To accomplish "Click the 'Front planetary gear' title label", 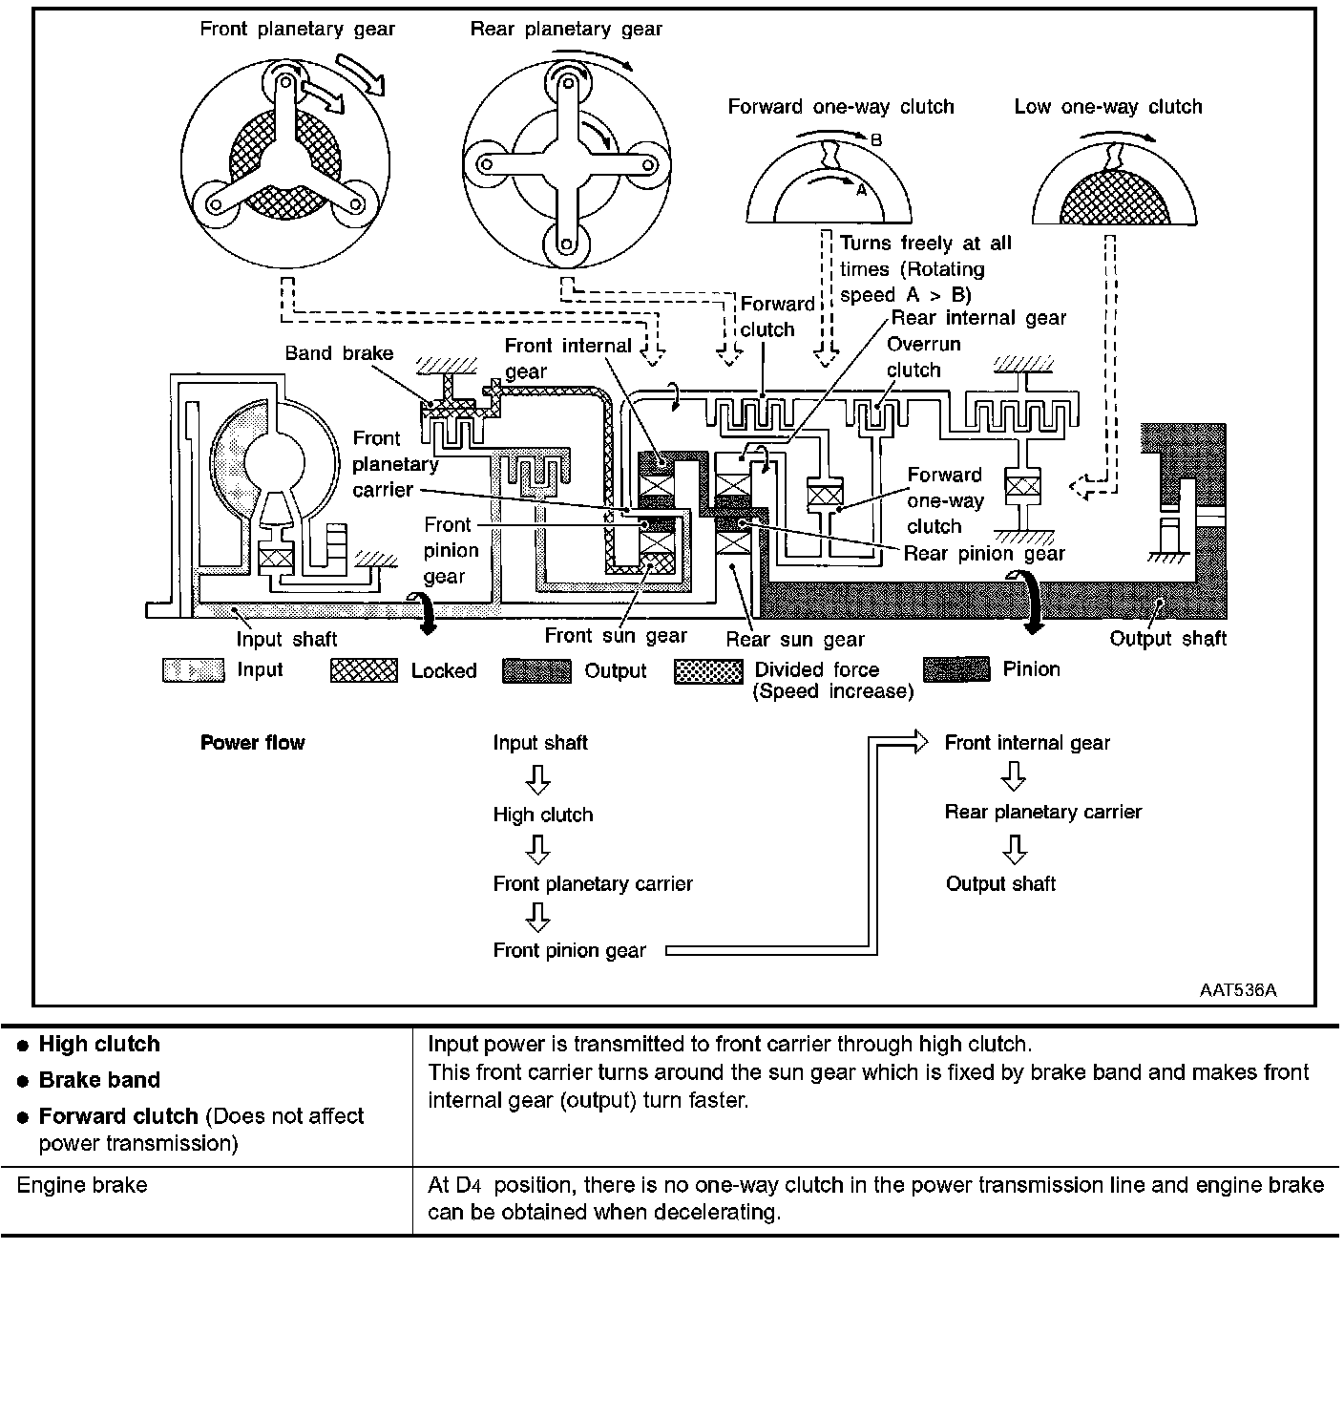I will (x=297, y=30).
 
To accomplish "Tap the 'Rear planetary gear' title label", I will (x=566, y=30).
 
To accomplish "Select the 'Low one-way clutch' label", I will (x=1107, y=107).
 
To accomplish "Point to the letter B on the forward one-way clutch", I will (x=876, y=140).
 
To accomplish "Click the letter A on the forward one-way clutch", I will (x=860, y=190).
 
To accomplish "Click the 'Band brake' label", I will (x=339, y=353).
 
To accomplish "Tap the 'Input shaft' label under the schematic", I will (x=286, y=640).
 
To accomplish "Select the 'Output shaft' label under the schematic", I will (x=1167, y=639).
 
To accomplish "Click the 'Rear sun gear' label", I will (x=795, y=640).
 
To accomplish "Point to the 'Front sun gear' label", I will (x=616, y=636).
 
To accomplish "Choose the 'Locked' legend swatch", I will (x=364, y=670).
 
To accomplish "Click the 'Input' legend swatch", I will (x=194, y=670).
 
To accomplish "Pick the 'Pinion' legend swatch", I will (x=956, y=669).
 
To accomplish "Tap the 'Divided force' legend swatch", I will (x=708, y=671).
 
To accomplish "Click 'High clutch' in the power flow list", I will (x=543, y=815).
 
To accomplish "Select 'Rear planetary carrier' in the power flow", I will (x=1042, y=812).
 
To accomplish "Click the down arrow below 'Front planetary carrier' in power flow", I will (x=538, y=918).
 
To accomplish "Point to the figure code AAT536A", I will (x=1237, y=990).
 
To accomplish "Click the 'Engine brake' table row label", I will (x=82, y=1185).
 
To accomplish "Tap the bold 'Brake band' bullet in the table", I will (x=99, y=1080).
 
